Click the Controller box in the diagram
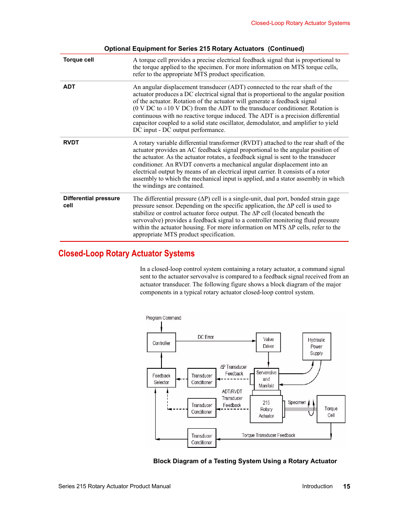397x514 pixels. [x=161, y=343]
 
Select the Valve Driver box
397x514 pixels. [x=268, y=343]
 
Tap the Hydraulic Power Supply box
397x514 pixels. [x=316, y=346]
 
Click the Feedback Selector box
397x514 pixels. [x=161, y=378]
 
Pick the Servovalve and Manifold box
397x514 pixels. [x=266, y=379]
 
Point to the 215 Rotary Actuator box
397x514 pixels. [x=266, y=409]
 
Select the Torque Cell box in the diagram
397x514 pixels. [x=331, y=411]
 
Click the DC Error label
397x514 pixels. [x=206, y=337]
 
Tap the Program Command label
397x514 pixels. [x=164, y=318]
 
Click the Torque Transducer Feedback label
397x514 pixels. [x=268, y=435]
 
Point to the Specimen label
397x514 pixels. [x=297, y=402]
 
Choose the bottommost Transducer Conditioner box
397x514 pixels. [x=201, y=439]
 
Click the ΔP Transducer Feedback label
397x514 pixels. [x=233, y=370]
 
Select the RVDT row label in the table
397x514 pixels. [x=71, y=142]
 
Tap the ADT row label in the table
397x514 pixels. [x=69, y=87]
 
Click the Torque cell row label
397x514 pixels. [x=78, y=60]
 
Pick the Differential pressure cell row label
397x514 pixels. [x=91, y=201]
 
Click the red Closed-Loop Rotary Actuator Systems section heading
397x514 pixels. [x=127, y=253]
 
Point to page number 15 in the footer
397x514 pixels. [x=346, y=486]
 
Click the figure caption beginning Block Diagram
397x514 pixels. [x=245, y=461]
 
